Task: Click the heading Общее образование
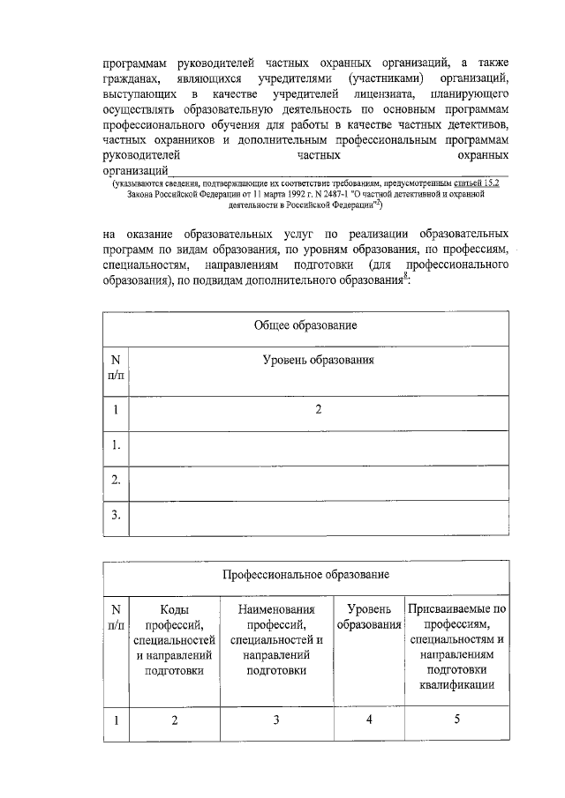pyautogui.click(x=305, y=326)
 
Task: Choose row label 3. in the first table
pyautogui.click(x=116, y=515)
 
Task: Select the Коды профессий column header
pyautogui.click(x=174, y=638)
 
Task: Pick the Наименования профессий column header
pyautogui.click(x=275, y=638)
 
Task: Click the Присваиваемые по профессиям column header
pyautogui.click(x=456, y=647)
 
